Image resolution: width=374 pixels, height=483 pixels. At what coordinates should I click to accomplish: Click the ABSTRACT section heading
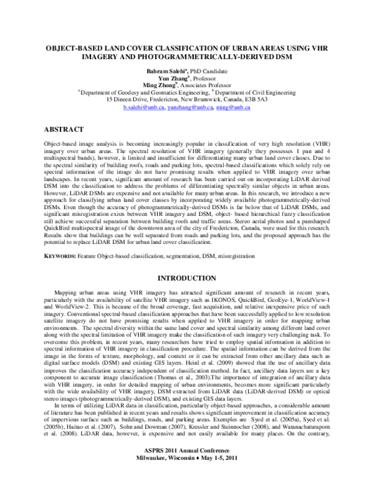[64, 129]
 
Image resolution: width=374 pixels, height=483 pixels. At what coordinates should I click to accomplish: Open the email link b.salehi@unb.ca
[144, 108]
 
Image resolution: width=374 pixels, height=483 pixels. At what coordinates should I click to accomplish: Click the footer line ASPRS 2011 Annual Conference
[187, 466]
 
